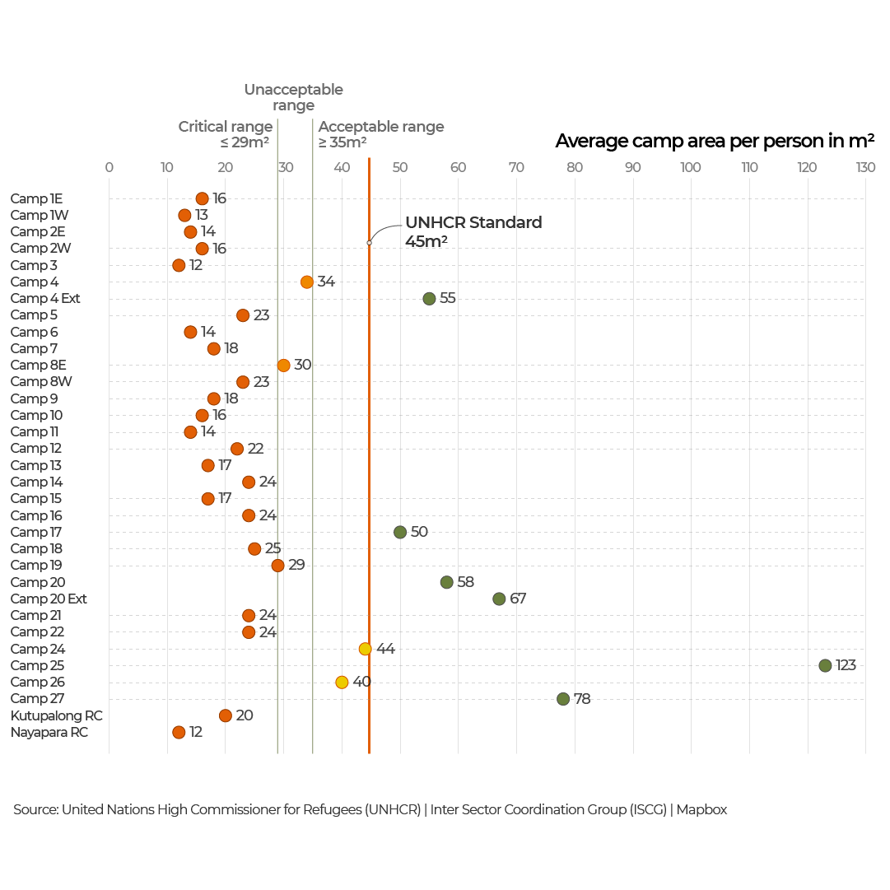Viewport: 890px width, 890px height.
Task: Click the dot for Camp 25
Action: pyautogui.click(x=825, y=665)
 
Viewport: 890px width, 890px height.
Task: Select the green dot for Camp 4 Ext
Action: pyautogui.click(x=429, y=298)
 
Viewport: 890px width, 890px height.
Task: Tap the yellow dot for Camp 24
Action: pyautogui.click(x=365, y=649)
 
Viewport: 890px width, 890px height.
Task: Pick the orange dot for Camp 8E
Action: pyautogui.click(x=283, y=365)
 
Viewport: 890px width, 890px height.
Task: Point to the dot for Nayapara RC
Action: pyautogui.click(x=179, y=732)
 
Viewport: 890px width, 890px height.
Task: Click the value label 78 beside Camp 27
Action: pyautogui.click(x=582, y=699)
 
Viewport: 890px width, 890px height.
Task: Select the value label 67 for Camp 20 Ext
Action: pyautogui.click(x=518, y=599)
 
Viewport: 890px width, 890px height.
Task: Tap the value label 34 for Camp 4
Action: pyautogui.click(x=326, y=282)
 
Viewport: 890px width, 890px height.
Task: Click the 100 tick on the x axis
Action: pyautogui.click(x=691, y=168)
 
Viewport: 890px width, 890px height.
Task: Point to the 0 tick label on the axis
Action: pyautogui.click(x=109, y=168)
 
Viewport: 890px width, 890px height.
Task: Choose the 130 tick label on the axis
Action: pyautogui.click(x=865, y=168)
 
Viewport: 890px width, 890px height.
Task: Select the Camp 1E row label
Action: pyautogui.click(x=36, y=198)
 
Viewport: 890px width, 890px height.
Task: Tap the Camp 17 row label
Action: pyautogui.click(x=35, y=532)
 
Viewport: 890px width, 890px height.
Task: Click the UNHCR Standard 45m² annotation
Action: pyautogui.click(x=473, y=231)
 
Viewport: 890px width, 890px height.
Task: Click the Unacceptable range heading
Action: pyautogui.click(x=293, y=97)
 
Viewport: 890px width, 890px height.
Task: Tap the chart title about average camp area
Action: pyautogui.click(x=715, y=141)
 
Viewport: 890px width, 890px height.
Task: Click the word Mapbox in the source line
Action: pyautogui.click(x=701, y=809)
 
